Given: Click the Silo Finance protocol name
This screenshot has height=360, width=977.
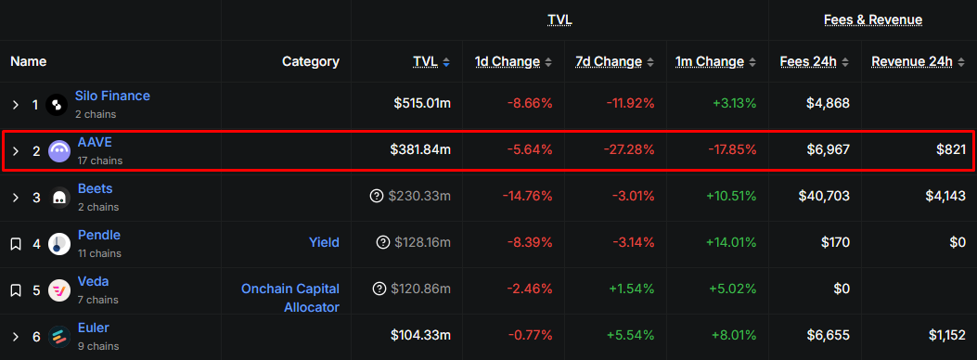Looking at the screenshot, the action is pos(112,96).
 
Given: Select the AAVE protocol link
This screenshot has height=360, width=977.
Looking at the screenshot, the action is pos(95,142).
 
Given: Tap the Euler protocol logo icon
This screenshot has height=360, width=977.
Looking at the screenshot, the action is pos(59,337).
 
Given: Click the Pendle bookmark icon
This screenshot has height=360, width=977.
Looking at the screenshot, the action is pos(16,243).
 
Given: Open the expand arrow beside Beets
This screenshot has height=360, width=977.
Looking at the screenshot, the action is pos(16,198).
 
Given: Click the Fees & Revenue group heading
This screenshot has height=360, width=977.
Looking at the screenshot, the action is pos(873,19).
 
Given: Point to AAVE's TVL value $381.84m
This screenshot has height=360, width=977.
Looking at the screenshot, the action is pos(420,149).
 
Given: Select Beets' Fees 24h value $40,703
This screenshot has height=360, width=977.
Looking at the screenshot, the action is pos(824,196).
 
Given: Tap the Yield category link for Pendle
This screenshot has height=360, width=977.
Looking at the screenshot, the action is pos(324,242).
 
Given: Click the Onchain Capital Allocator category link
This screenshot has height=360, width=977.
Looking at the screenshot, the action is pos(290,298).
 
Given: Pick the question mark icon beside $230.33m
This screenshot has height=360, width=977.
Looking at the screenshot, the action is pos(377,196).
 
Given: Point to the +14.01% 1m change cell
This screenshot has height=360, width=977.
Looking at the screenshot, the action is pos(731,242).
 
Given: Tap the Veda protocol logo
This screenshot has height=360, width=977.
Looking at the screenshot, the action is pos(59,290).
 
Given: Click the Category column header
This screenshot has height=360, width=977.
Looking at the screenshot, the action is pos(311,61).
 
